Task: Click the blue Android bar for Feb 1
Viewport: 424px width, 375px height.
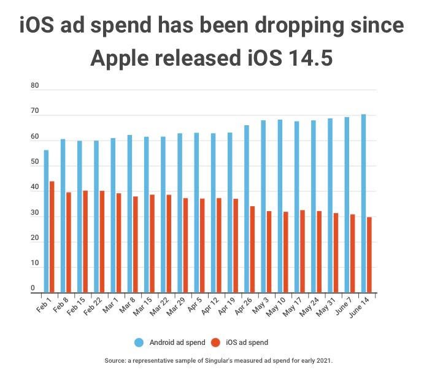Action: tap(46, 222)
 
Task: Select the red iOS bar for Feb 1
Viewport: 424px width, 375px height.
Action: tap(52, 237)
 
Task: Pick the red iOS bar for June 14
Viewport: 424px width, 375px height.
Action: tap(369, 255)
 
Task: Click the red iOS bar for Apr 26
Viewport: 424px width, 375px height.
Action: tap(252, 249)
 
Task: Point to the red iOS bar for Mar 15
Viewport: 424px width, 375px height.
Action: tap(152, 244)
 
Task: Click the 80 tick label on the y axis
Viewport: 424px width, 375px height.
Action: tap(34, 86)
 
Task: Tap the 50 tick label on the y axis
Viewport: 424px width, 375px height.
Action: tap(34, 162)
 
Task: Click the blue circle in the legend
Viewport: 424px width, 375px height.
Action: tap(138, 342)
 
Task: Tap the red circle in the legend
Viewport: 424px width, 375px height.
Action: tap(215, 342)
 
